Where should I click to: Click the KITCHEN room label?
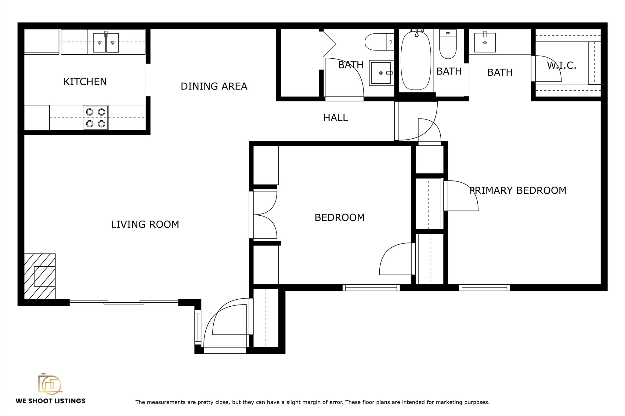85,82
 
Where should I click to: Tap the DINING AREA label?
214,86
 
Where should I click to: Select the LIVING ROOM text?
145,224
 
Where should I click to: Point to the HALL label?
335,118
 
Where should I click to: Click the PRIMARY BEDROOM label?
518,191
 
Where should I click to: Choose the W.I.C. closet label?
561,66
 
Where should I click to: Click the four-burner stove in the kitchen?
96,118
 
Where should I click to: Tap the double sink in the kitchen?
106,43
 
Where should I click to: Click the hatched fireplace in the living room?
40,276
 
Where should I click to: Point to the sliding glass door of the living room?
124,302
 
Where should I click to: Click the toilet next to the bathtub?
448,46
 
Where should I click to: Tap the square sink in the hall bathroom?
381,73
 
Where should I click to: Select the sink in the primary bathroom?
485,43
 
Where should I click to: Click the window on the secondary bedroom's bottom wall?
371,287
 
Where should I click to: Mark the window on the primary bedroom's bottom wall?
484,287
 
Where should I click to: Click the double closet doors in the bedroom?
264,215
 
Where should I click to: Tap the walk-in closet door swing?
548,69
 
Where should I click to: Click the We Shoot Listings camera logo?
50,384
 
